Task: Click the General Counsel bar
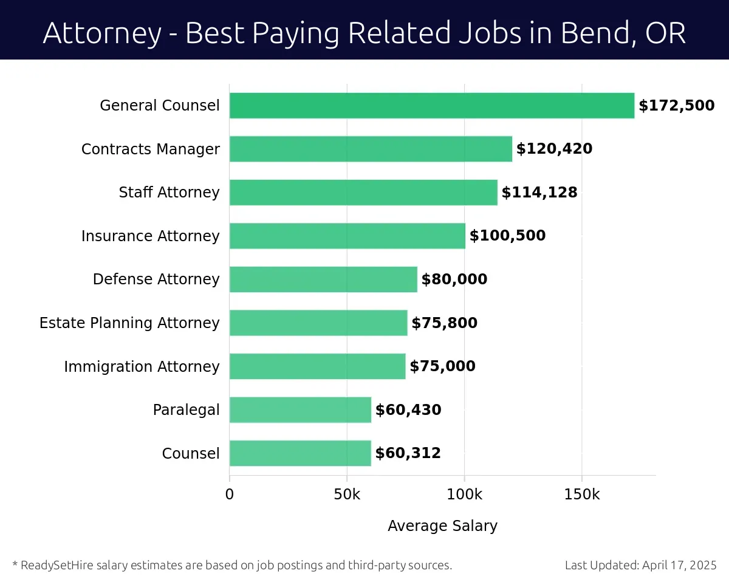click(x=431, y=106)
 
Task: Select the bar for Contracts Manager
click(x=371, y=149)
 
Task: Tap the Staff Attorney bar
click(x=363, y=193)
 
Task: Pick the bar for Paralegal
click(x=300, y=410)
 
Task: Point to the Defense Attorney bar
click(x=323, y=279)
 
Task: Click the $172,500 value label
click(x=676, y=106)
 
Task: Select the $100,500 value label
click(x=507, y=236)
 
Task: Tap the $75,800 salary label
click(x=444, y=323)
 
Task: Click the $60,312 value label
click(x=408, y=453)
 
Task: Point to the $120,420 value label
click(x=554, y=149)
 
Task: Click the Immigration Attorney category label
click(x=142, y=367)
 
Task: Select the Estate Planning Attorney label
click(x=129, y=323)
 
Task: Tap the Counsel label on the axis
click(x=191, y=454)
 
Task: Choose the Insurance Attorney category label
click(x=150, y=236)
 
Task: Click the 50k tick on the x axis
click(x=347, y=495)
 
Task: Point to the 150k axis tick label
click(x=581, y=495)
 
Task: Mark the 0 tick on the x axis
click(x=230, y=495)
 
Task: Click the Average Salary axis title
click(x=442, y=526)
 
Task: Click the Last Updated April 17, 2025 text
click(x=640, y=566)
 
